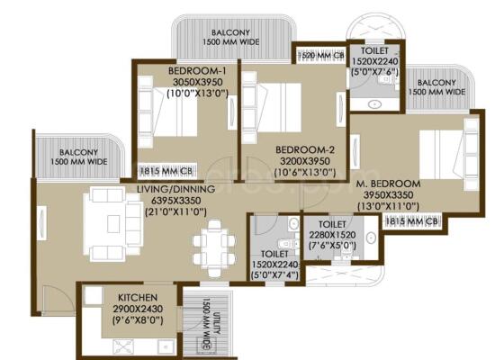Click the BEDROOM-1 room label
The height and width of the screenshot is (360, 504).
(x=196, y=71)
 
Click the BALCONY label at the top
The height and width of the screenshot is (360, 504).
(x=232, y=34)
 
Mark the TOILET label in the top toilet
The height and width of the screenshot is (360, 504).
(x=374, y=50)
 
